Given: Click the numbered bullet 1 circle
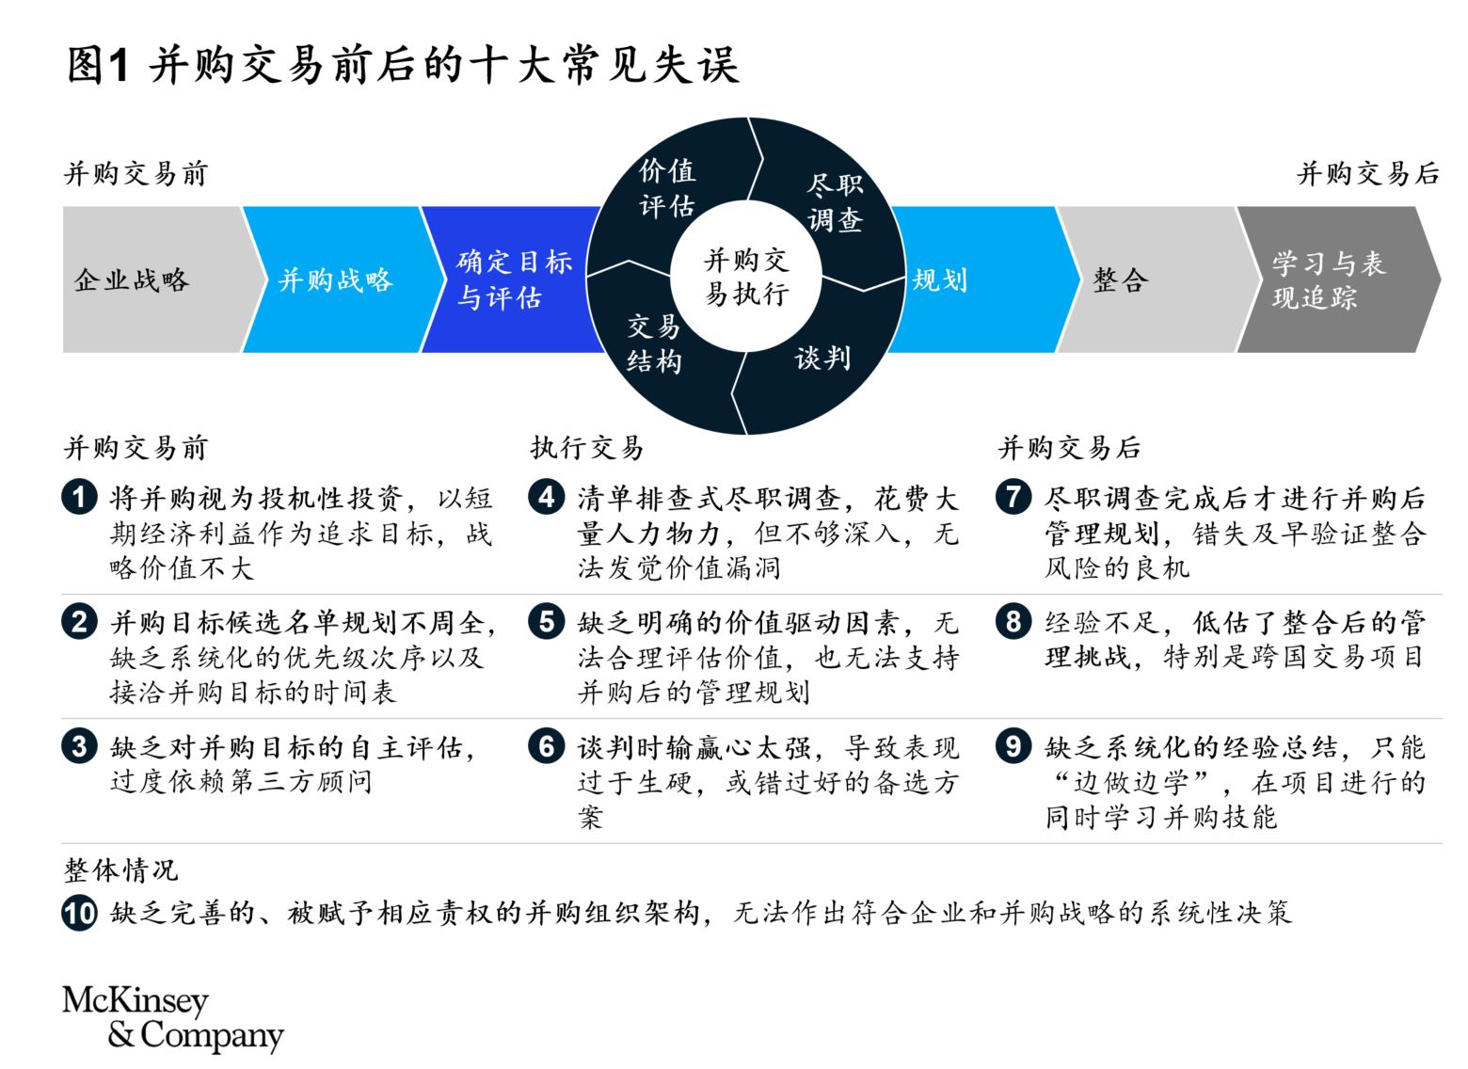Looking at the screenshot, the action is point(79,497).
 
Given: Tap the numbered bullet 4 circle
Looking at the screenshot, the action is point(547,497).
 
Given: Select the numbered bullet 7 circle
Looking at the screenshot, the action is point(1013,497).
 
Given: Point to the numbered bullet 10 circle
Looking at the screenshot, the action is point(79,913).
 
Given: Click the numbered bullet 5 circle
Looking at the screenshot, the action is point(547,621).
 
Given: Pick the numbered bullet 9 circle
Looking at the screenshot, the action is point(1013,746).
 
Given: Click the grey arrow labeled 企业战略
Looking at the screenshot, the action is point(157,279).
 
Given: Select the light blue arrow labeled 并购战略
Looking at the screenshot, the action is point(341,279).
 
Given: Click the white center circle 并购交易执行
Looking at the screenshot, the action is point(746,276).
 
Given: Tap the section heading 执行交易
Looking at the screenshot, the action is point(586,448).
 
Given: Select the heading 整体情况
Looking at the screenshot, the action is point(120,870).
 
